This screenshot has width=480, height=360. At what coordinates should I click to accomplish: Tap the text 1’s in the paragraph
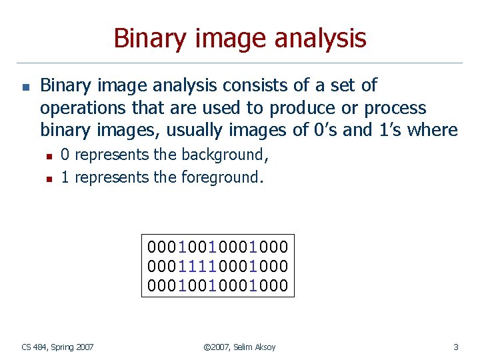pyautogui.click(x=394, y=130)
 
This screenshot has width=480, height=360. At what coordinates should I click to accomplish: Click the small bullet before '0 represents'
pyautogui.click(x=48, y=156)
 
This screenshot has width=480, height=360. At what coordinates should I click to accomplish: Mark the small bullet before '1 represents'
pyautogui.click(x=48, y=179)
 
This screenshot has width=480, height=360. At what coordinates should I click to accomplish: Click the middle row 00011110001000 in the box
pyautogui.click(x=218, y=266)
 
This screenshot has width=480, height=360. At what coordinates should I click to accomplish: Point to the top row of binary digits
pyautogui.click(x=218, y=246)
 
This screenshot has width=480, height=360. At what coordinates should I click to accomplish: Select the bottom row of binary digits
pyautogui.click(x=218, y=285)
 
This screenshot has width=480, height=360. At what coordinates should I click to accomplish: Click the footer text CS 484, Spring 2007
pyautogui.click(x=57, y=347)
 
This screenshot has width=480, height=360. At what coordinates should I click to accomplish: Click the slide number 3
pyautogui.click(x=455, y=347)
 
